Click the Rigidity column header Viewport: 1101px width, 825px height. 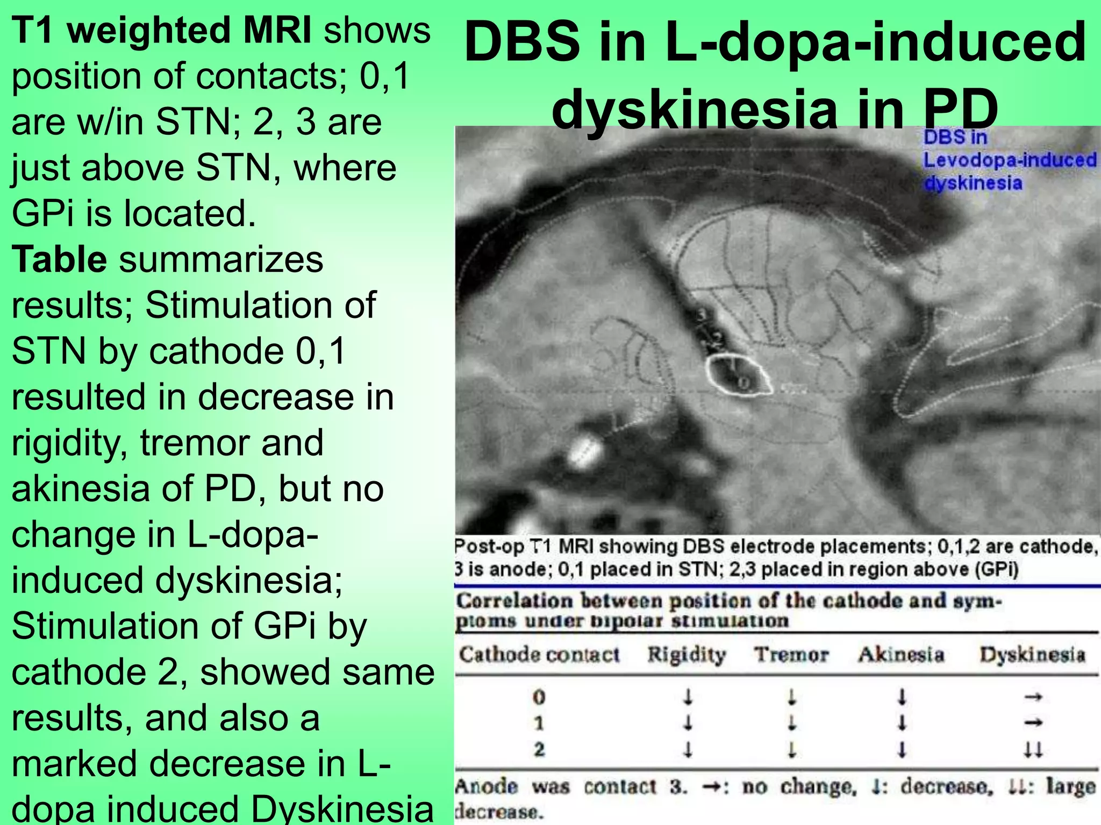tap(687, 655)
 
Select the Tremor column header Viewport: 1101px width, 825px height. tap(791, 655)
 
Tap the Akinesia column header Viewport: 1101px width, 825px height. tap(901, 655)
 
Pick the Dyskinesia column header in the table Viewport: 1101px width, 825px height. tap(1032, 655)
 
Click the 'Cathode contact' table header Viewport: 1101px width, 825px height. tap(539, 655)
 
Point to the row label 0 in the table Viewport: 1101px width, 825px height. tap(539, 697)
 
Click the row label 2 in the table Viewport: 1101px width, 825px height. tap(539, 749)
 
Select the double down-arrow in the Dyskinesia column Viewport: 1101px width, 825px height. tap(1033, 749)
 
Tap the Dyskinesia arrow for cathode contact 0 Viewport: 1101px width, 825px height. tap(1033, 698)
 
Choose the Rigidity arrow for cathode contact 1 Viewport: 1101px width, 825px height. tap(688, 723)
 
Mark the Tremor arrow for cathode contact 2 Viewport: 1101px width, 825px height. tap(791, 749)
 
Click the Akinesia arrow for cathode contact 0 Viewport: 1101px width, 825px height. tap(902, 698)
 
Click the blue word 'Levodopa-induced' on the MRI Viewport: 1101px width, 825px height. tap(1010, 160)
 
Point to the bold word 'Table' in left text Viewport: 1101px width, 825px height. tap(59, 259)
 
